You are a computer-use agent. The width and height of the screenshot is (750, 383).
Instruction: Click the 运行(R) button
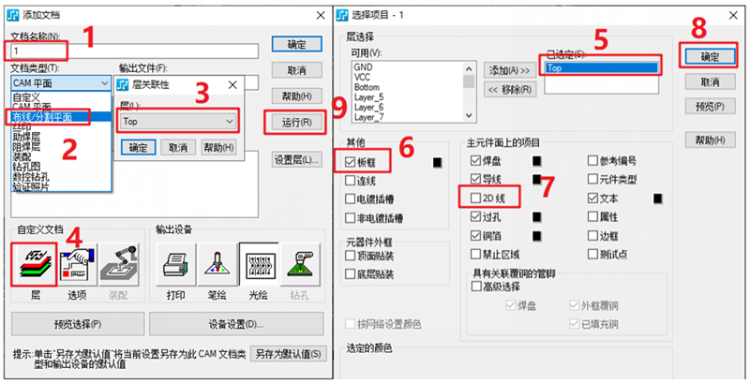[x=290, y=123]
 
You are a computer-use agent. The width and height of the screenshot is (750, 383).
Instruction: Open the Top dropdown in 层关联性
[x=178, y=122]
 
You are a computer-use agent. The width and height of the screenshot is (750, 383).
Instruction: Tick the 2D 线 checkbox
[x=476, y=198]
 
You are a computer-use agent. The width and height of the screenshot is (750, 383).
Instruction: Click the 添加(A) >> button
[x=511, y=70]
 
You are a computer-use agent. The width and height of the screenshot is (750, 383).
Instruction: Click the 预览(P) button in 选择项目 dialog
[x=711, y=107]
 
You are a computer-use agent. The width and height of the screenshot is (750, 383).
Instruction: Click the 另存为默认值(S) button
[x=289, y=355]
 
